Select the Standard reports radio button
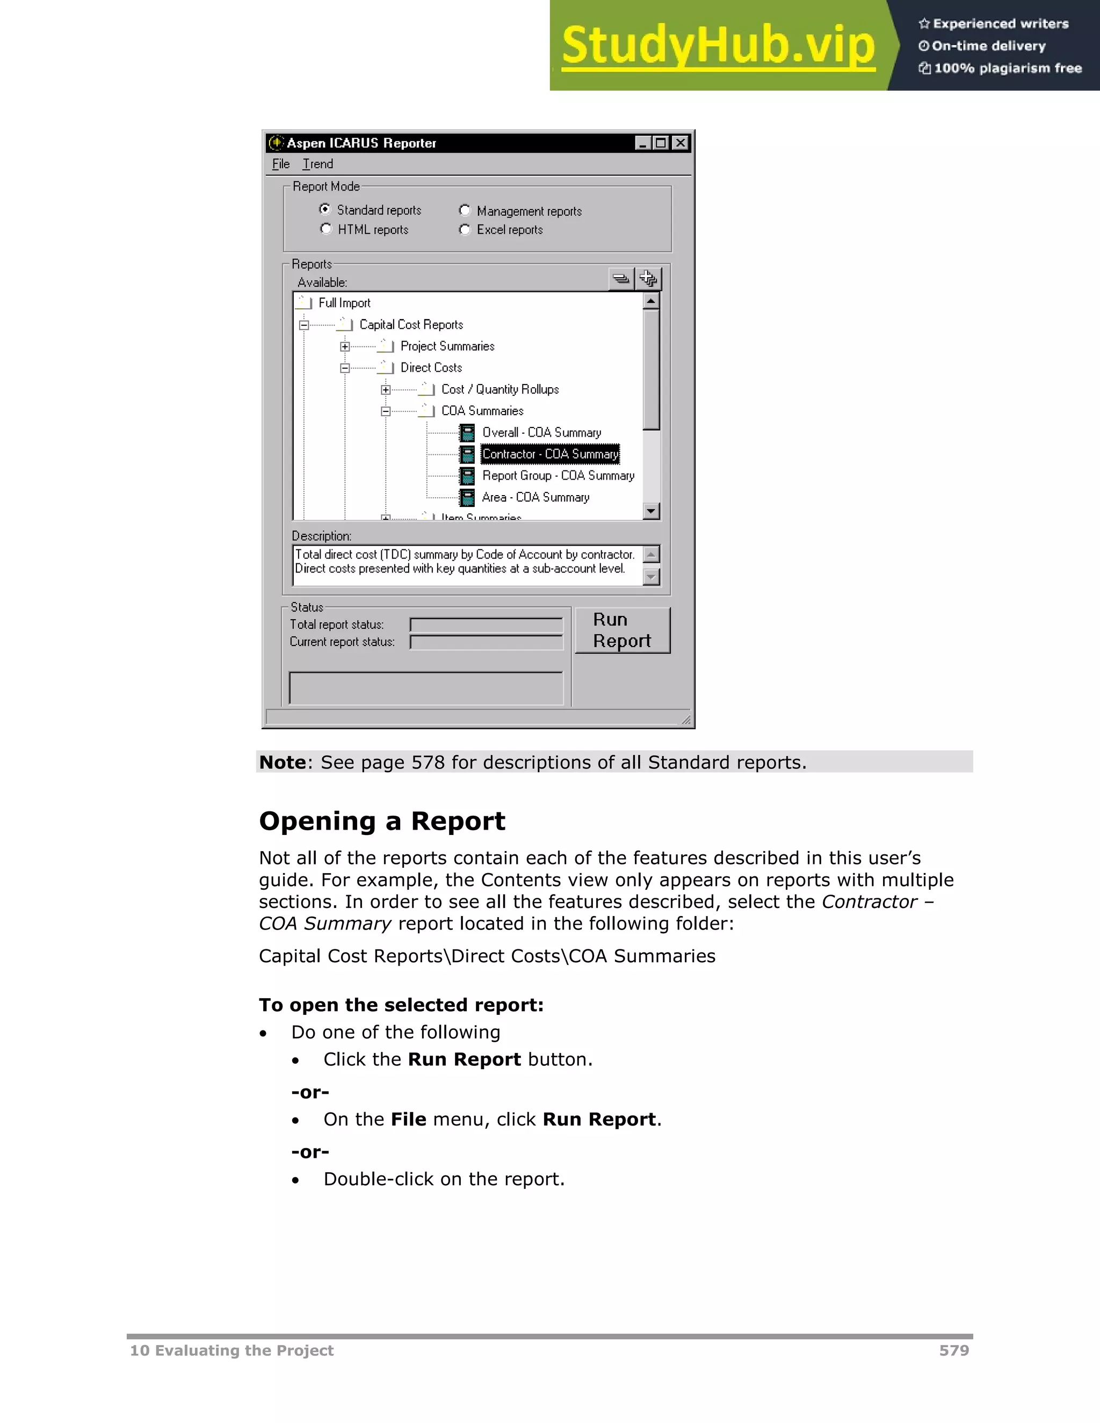coord(325,209)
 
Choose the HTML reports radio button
coord(326,229)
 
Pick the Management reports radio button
coord(465,210)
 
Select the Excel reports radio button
coord(465,229)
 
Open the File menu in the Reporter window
coord(280,164)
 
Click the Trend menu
coord(317,164)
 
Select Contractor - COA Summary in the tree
coord(549,454)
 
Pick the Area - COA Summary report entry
coord(535,497)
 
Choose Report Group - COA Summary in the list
coord(558,476)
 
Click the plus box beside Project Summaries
coord(345,347)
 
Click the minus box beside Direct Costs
coord(345,368)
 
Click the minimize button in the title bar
coord(642,143)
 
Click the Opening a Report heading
coord(382,821)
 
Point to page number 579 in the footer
coord(953,1351)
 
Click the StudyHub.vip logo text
coord(718,46)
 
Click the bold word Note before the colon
coord(282,763)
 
